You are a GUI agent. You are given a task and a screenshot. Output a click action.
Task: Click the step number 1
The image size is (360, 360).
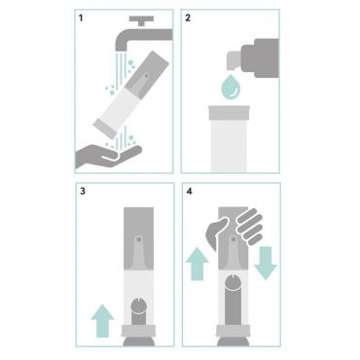coord(81,18)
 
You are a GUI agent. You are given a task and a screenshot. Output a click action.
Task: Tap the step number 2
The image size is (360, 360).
coord(188,18)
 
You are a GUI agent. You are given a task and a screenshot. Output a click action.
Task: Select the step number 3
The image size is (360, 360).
coord(83,191)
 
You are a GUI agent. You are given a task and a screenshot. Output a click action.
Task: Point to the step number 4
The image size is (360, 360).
coord(190,191)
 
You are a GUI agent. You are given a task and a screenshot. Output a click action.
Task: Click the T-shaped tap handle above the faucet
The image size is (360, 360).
coord(141,19)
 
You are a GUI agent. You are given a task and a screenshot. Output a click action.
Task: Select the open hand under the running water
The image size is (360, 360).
coord(107,157)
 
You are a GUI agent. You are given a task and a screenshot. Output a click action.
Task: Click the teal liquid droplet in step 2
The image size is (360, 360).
coord(231,87)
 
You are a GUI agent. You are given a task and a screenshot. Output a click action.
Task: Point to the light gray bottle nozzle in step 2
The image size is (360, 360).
coord(234,60)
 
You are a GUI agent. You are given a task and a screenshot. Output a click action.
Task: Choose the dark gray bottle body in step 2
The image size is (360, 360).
coord(260,58)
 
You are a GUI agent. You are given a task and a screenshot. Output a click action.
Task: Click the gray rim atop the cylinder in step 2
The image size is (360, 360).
coord(229,113)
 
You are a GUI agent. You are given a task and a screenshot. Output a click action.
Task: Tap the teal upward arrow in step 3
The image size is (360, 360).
coord(103,321)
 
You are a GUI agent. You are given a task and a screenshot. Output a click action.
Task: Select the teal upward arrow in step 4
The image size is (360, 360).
coord(198,264)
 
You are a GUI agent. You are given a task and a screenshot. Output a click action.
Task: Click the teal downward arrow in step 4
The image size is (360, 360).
coord(266,263)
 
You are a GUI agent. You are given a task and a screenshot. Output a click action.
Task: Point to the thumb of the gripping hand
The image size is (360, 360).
coord(217,233)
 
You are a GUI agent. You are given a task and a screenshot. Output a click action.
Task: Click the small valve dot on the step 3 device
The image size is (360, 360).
coord(139,239)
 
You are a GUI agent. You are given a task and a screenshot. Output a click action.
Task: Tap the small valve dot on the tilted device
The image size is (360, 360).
coord(146,76)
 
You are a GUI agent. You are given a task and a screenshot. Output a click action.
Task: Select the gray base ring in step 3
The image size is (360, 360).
coord(139,331)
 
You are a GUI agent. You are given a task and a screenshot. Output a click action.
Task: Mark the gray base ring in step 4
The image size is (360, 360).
coord(233,331)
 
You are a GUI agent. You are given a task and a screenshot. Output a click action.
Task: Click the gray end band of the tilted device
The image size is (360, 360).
coord(105,129)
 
